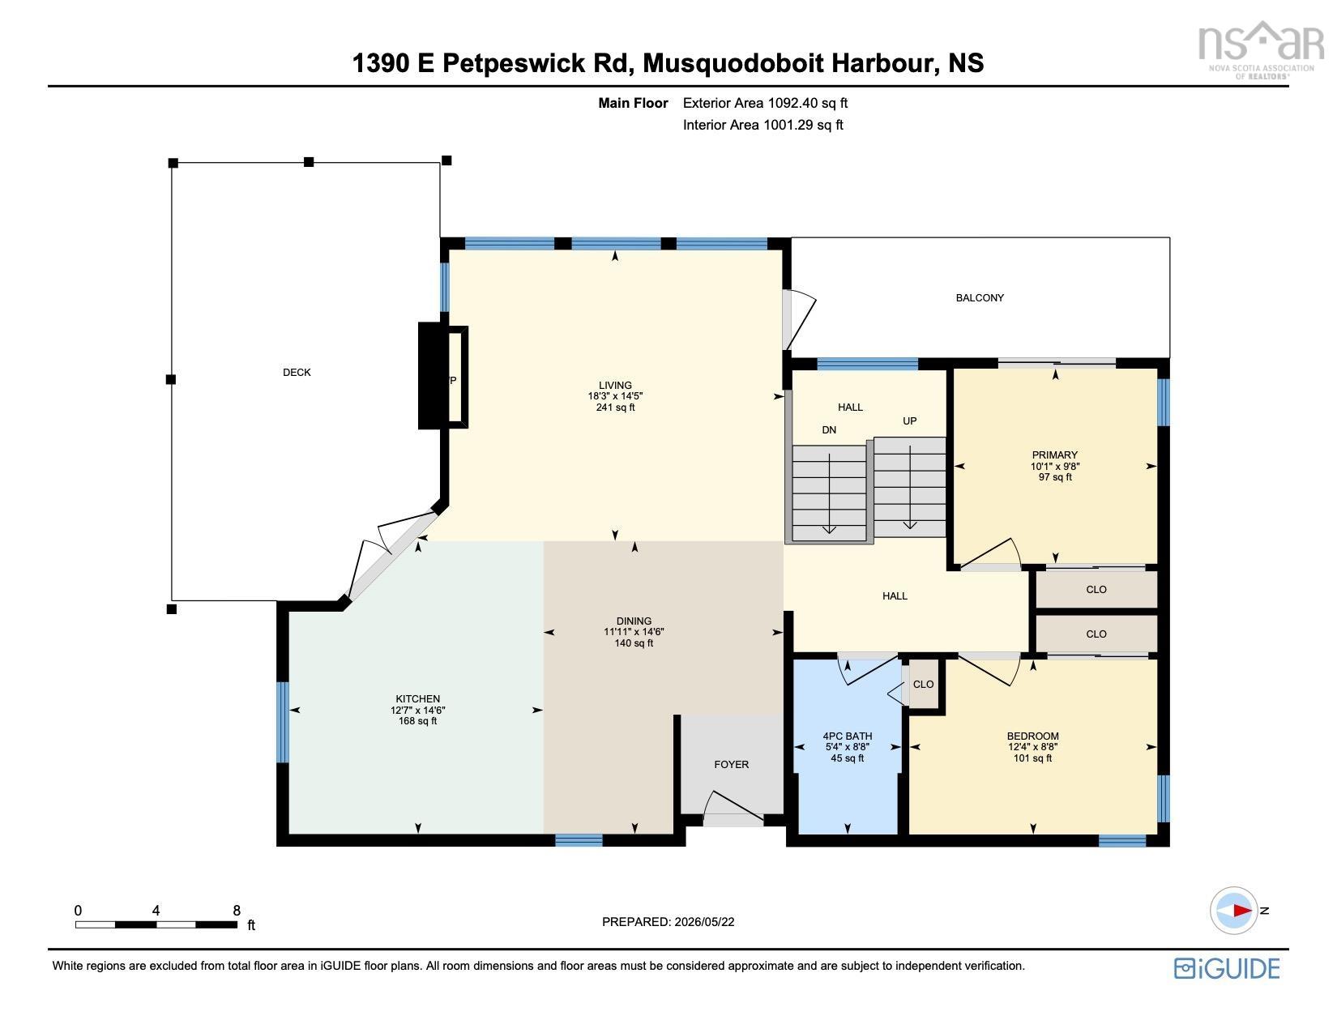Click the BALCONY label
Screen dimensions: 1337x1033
coord(980,298)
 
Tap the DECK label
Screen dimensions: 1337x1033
coord(297,372)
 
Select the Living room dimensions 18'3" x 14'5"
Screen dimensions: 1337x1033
coord(615,396)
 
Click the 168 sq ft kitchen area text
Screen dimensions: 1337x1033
coord(418,721)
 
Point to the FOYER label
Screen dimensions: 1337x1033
coord(732,765)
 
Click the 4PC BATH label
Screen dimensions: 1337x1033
coord(848,736)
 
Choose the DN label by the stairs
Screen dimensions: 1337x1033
coord(830,430)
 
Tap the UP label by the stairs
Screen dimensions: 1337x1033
coord(910,420)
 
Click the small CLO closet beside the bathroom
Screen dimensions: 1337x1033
coord(924,684)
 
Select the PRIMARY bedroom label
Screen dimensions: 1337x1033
coord(1055,455)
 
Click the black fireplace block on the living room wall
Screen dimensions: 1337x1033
coord(430,376)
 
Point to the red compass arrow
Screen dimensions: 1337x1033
coord(1243,911)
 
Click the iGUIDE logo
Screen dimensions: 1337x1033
coord(1227,968)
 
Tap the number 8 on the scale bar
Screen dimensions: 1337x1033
coord(237,911)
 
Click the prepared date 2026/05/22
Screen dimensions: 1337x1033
coord(704,922)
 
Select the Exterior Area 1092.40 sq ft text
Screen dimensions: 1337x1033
coord(766,104)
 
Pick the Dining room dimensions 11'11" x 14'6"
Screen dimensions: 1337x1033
coord(634,632)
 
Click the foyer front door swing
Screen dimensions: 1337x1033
coord(733,807)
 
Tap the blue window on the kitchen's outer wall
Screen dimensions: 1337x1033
coord(283,723)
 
